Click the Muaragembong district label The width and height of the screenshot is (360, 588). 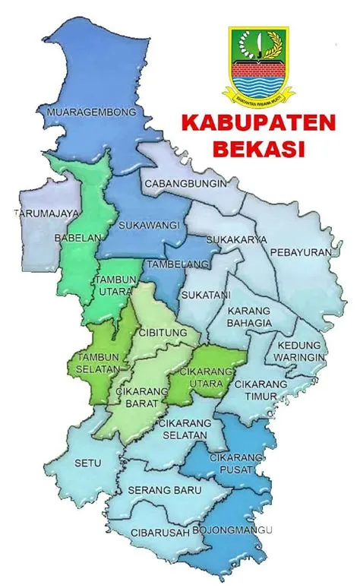(x=93, y=112)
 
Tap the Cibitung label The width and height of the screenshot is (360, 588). (x=159, y=332)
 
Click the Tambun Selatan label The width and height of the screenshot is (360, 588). (x=98, y=362)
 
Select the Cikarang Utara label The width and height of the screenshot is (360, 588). (x=203, y=378)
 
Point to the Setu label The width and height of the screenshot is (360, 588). (x=83, y=460)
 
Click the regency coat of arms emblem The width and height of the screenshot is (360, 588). (x=257, y=64)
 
